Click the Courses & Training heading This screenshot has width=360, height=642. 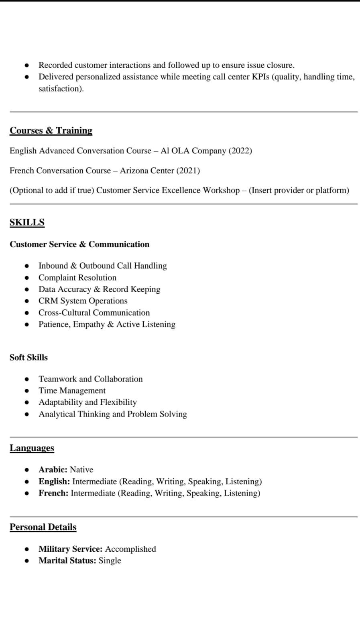tap(51, 130)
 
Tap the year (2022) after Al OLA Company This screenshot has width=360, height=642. tap(240, 151)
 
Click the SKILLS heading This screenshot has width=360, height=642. tap(27, 222)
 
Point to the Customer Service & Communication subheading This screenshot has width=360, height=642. tap(79, 244)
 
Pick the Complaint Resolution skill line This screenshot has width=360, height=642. tap(77, 278)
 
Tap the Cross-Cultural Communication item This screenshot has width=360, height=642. tap(94, 313)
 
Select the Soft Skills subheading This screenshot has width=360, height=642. tap(28, 358)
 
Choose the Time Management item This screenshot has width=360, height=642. tap(72, 390)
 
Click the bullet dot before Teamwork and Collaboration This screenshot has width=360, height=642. tap(27, 379)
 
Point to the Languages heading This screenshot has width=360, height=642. tap(32, 448)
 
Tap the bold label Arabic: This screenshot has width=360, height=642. tap(53, 469)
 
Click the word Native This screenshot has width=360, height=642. tap(81, 469)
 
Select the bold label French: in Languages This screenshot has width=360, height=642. tap(53, 493)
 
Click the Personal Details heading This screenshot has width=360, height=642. tap(43, 527)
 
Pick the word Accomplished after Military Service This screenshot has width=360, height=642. tap(130, 549)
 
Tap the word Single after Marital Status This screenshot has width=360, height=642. tap(110, 561)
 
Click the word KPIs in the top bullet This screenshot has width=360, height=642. tap(260, 77)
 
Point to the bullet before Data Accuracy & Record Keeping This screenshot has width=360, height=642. tap(27, 289)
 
